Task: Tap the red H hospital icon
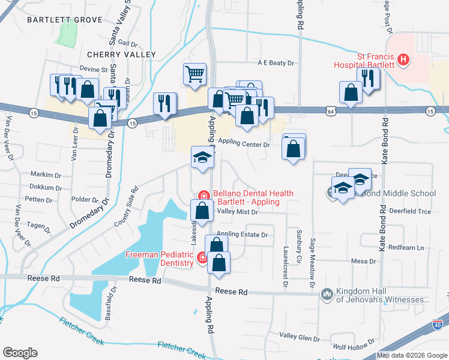[404, 60]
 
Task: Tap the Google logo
[20, 353]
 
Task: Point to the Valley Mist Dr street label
[237, 212]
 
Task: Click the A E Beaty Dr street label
[276, 62]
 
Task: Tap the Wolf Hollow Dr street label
[354, 347]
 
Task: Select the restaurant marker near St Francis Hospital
[366, 78]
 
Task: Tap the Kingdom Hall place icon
[327, 293]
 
